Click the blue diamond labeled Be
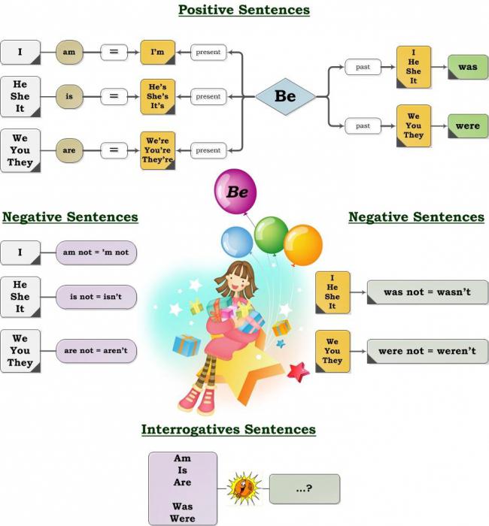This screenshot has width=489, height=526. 285,97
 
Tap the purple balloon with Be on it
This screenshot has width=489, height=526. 235,192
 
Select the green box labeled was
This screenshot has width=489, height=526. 468,67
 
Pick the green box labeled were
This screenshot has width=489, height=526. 468,126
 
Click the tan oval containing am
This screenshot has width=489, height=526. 69,52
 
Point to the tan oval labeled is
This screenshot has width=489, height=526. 69,97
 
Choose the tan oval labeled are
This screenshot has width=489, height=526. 69,150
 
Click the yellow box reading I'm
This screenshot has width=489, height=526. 158,52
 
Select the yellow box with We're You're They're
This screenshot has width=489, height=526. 158,150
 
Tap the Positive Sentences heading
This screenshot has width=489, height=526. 244,10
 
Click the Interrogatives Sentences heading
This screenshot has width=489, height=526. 229,429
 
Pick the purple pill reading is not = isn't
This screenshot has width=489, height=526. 96,297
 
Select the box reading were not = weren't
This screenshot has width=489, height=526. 427,351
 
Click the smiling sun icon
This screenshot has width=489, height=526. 244,488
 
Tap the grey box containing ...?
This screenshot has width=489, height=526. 305,488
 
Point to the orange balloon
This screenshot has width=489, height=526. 303,245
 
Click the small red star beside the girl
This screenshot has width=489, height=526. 298,373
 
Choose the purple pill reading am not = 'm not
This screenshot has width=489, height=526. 96,252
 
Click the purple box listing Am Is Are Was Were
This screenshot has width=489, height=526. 183,488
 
